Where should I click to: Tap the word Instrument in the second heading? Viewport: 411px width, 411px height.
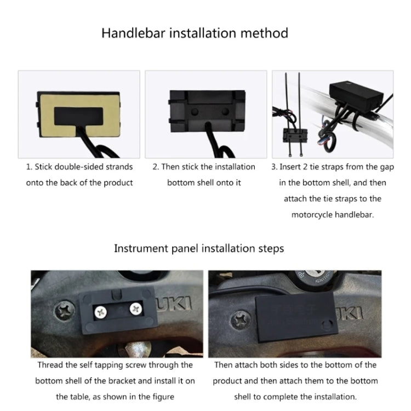pos(141,248)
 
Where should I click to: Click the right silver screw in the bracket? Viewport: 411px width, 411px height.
pos(135,308)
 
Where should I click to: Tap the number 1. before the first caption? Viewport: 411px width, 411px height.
pos(30,167)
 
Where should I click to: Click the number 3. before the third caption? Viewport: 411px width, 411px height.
pos(275,167)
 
